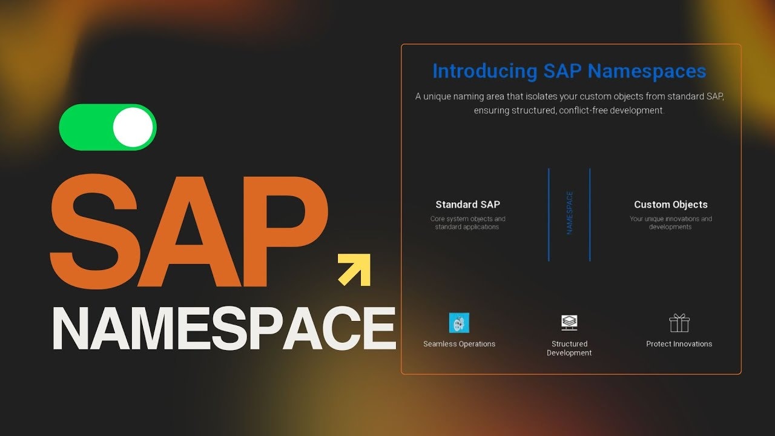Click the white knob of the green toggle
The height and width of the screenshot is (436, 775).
pos(133,127)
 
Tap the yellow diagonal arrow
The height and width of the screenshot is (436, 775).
pos(355,269)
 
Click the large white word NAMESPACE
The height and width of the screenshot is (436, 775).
pos(224,328)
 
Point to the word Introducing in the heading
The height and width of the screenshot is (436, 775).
pos(484,71)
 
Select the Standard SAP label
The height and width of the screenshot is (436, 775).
pos(467,205)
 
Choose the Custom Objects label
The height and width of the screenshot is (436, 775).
pos(671,205)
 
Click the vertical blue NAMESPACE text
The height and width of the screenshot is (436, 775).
pos(569,213)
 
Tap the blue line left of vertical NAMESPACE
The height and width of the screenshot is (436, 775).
pos(549,215)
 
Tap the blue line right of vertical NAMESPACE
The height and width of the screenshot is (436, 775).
pos(590,215)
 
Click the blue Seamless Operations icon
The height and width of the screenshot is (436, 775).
pos(459,323)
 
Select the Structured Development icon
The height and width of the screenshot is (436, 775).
pos(569,323)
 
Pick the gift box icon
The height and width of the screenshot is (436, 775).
pos(679,323)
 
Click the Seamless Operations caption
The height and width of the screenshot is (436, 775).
pos(459,344)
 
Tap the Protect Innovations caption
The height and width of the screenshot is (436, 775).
pos(679,344)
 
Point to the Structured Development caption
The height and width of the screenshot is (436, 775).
pos(569,348)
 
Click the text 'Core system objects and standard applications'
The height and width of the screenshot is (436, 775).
pos(467,223)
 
